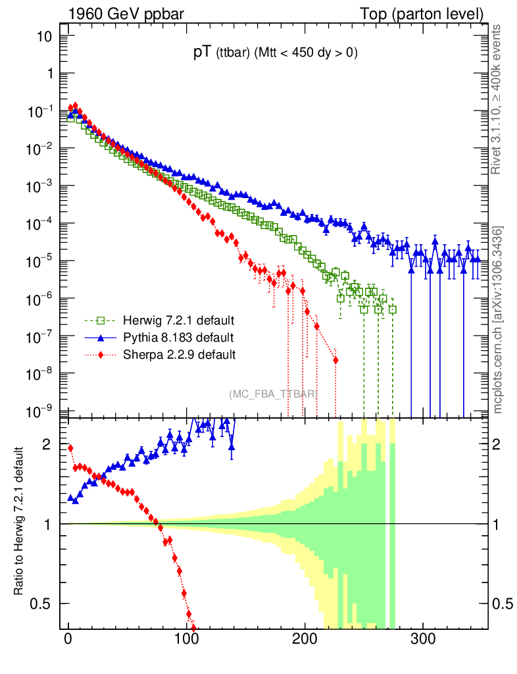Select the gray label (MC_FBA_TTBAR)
[273, 394]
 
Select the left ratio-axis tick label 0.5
[41, 603]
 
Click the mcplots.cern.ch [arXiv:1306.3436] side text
[499, 320]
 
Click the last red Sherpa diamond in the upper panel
[335, 360]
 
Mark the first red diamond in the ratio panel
[70, 448]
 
